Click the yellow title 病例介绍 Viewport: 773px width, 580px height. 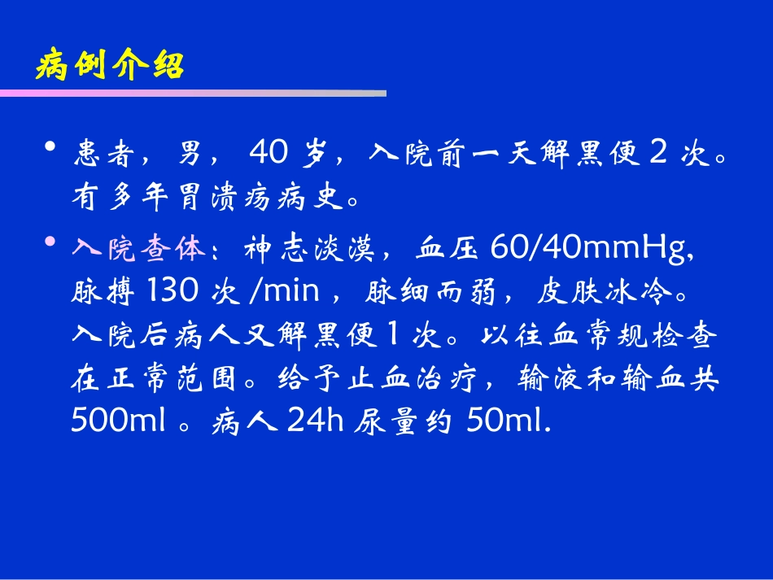(111, 66)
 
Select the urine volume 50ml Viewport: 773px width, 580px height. (508, 421)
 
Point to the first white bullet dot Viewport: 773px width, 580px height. (50, 147)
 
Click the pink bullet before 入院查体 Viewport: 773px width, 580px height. (50, 243)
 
